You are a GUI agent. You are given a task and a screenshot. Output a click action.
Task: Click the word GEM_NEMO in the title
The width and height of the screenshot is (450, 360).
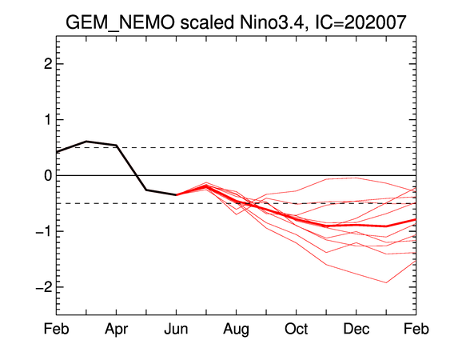tap(120, 22)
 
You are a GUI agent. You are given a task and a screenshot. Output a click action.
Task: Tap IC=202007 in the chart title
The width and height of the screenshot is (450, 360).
tap(361, 22)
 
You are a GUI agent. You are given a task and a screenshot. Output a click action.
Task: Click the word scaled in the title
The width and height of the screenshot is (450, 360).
tap(207, 22)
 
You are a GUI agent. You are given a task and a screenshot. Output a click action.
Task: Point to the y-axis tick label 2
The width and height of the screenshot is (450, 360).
tap(48, 64)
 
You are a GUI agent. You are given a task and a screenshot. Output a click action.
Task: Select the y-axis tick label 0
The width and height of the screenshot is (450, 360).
tap(48, 175)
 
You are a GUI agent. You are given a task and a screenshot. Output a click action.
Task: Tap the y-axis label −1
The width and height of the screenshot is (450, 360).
tap(44, 231)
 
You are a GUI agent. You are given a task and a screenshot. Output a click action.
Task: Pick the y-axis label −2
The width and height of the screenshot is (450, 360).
tap(44, 287)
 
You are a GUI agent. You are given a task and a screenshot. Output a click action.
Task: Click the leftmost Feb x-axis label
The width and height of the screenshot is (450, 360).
tap(56, 329)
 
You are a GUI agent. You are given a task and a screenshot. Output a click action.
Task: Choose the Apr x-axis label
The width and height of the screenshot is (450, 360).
tap(116, 330)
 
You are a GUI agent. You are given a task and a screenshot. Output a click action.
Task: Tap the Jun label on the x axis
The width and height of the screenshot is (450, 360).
tap(176, 329)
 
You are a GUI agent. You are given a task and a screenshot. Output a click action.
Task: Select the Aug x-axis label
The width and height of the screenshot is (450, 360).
tap(237, 330)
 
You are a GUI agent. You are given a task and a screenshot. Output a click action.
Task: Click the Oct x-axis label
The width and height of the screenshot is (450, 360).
tap(297, 329)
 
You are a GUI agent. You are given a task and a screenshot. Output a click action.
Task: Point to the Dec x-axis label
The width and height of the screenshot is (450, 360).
tap(356, 329)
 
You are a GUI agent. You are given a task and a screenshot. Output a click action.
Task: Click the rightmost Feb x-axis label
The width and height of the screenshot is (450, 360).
tap(416, 329)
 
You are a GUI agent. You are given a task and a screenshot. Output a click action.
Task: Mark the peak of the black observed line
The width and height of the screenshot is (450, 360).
tap(86, 141)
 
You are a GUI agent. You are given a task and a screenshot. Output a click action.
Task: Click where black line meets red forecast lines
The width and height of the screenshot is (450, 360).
tap(176, 194)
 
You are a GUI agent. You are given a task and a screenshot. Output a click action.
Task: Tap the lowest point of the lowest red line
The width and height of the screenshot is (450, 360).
tap(386, 282)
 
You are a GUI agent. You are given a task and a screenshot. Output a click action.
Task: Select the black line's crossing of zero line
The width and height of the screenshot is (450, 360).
tap(137, 175)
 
